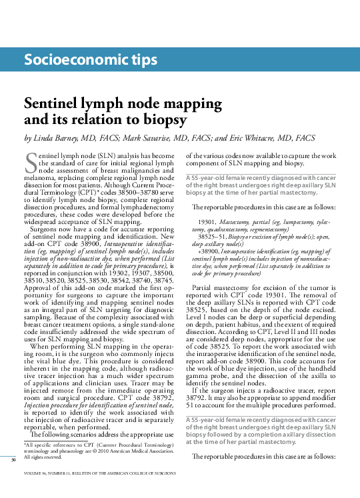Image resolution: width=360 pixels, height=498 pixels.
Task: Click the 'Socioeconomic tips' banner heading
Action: click(x=91, y=61)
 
